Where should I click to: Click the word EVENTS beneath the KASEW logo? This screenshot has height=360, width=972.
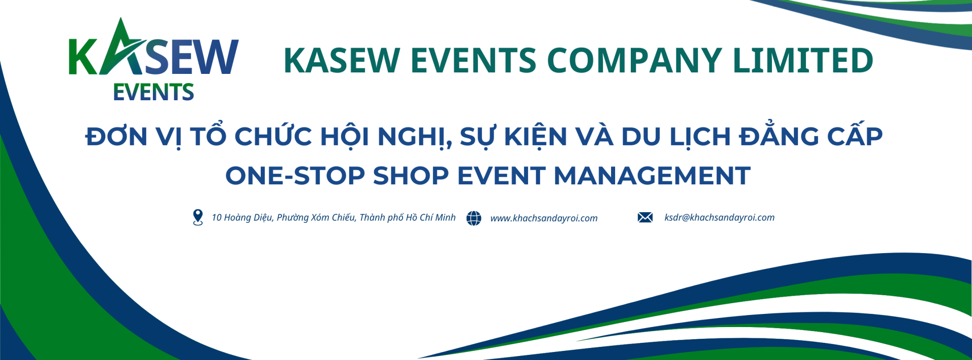pyautogui.click(x=153, y=92)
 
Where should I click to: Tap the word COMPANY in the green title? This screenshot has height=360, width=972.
pyautogui.click(x=634, y=60)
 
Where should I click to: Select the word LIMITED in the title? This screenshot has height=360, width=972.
pyautogui.click(x=803, y=60)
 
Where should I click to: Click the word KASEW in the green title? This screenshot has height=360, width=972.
pyautogui.click(x=342, y=60)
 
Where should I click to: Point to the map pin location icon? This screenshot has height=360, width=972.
pyautogui.click(x=198, y=217)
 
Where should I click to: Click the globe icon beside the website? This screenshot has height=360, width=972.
pyautogui.click(x=474, y=218)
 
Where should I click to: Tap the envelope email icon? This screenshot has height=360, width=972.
pyautogui.click(x=645, y=217)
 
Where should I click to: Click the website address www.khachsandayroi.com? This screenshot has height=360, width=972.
pyautogui.click(x=544, y=218)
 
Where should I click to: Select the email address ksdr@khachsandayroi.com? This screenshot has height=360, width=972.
pyautogui.click(x=719, y=217)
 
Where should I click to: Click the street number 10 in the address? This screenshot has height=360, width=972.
pyautogui.click(x=217, y=218)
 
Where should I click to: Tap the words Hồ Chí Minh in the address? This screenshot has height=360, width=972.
pyautogui.click(x=431, y=217)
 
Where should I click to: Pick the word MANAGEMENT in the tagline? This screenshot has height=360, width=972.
pyautogui.click(x=652, y=176)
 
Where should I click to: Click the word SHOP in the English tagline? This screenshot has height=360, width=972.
pyautogui.click(x=411, y=176)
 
